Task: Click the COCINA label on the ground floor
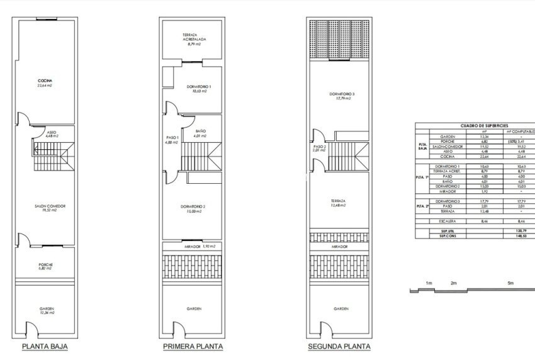coord(44,81)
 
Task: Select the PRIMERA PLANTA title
coord(193,346)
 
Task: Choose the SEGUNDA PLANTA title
coord(339,346)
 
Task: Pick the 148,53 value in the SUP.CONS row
coord(520,235)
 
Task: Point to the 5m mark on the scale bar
coord(511,283)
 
